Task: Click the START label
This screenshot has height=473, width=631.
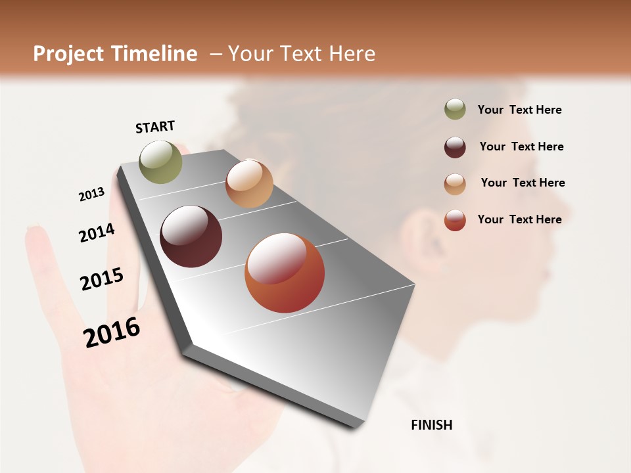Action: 155,127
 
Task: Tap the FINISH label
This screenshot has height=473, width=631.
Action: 432,425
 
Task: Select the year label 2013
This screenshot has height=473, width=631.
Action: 91,194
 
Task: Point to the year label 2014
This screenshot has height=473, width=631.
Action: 97,233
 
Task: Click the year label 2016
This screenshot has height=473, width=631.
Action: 112,332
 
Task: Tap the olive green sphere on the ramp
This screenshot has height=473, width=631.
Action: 161,162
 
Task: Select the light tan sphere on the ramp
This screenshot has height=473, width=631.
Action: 249,184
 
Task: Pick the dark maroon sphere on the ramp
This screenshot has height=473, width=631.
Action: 191,236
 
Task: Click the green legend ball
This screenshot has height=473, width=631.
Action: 455,109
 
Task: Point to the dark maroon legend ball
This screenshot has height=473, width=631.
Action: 455,147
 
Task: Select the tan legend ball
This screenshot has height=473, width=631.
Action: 455,184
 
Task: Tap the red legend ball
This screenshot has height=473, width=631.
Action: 455,220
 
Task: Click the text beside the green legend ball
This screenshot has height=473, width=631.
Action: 519,110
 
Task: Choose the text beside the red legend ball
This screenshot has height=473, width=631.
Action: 519,219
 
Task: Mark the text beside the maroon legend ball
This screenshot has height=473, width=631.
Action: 521,146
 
